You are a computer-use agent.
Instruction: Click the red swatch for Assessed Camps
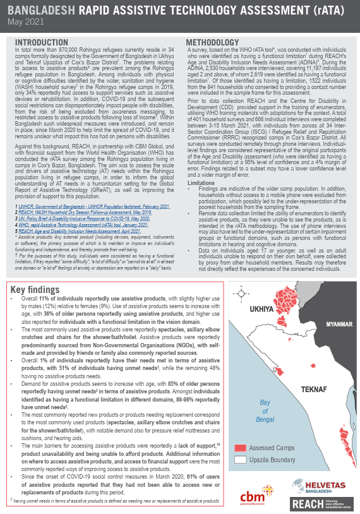pos(239,448)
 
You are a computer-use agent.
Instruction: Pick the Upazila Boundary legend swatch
pos(239,460)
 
